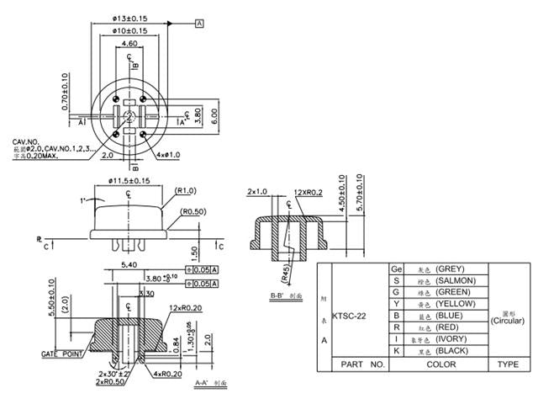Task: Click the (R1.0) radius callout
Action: point(186,191)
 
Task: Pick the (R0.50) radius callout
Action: point(193,212)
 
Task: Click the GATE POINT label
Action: point(61,355)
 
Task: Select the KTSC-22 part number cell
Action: point(349,316)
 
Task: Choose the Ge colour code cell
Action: point(397,268)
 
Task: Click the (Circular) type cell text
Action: point(507,321)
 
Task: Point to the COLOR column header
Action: point(440,364)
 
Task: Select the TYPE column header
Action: point(508,364)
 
